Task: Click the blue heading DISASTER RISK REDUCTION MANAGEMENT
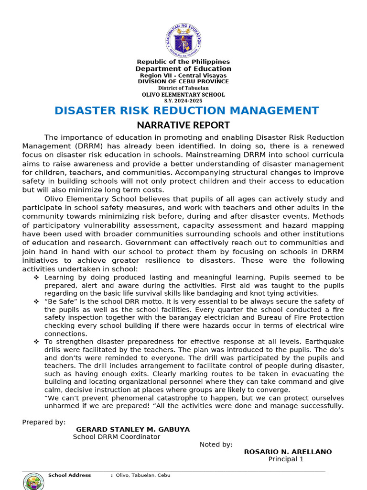(186, 111)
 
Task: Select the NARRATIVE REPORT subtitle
(183, 125)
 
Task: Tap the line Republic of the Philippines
(183, 62)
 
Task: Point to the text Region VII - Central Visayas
(183, 76)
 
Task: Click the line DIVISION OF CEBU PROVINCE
(183, 82)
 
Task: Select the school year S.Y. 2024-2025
(183, 101)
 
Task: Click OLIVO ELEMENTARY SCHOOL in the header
(183, 95)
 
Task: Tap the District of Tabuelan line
(183, 89)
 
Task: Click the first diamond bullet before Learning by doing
(36, 278)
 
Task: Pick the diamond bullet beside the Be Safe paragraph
(36, 301)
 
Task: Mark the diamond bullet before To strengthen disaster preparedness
(36, 342)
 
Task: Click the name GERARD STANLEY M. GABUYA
(133, 430)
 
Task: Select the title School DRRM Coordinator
(117, 437)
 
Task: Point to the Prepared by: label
(44, 422)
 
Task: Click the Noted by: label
(216, 445)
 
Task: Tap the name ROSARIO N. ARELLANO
(288, 452)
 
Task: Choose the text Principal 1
(286, 459)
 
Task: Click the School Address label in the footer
(69, 475)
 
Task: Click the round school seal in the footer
(33, 481)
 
